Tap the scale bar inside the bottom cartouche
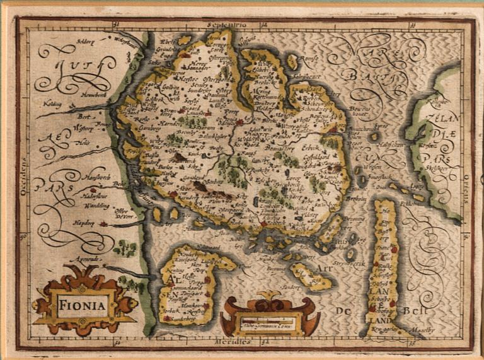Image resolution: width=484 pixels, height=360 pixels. tap(268, 327)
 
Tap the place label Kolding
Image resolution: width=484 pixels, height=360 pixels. tap(52, 102)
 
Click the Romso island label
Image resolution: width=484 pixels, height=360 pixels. tap(308, 59)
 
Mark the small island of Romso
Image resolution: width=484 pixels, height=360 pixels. tap(292, 62)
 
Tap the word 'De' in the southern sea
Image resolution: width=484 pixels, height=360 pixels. tap(343, 310)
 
